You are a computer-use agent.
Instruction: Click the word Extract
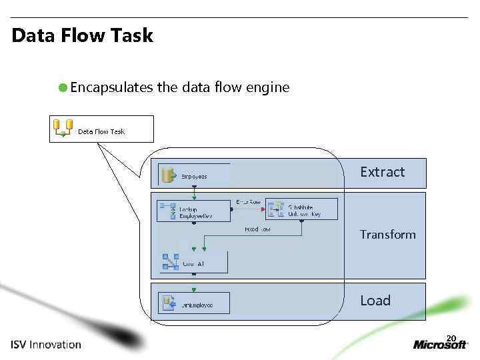382,172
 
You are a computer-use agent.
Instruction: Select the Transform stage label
387,235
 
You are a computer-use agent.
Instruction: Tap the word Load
375,301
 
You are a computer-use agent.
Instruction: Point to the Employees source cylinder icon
169,175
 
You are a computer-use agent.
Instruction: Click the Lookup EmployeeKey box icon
168,211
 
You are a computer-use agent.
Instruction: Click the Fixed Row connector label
257,229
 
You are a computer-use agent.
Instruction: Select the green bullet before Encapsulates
62,87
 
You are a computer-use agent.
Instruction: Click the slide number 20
451,338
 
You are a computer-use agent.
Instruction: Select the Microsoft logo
440,345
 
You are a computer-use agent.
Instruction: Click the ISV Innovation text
46,345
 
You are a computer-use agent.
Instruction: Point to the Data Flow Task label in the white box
101,131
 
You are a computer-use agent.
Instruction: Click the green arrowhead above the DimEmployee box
193,289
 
